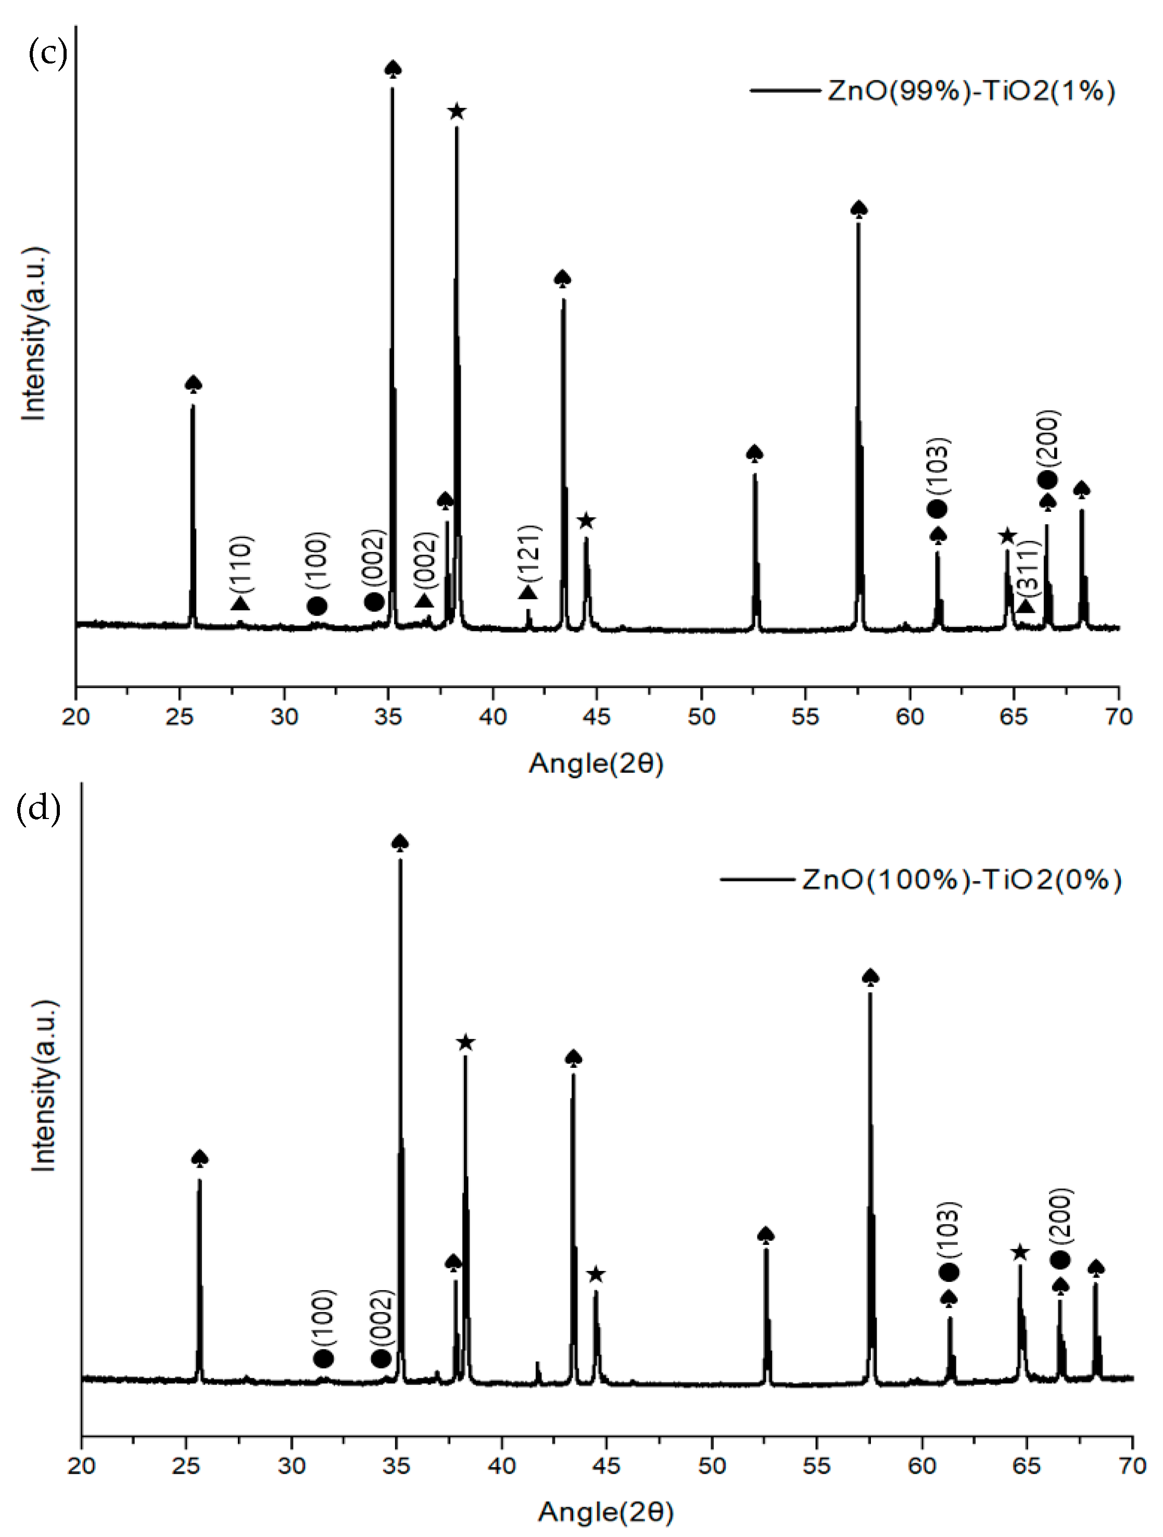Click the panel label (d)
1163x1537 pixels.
[37, 808]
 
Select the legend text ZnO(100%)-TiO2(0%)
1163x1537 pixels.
[961, 880]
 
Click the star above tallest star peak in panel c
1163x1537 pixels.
[457, 111]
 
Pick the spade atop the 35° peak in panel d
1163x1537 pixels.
[399, 843]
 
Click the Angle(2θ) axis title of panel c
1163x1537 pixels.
[596, 763]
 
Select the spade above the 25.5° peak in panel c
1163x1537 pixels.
[193, 384]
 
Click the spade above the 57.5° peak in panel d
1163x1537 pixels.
[870, 977]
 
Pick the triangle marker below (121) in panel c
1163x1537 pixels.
[528, 592]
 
